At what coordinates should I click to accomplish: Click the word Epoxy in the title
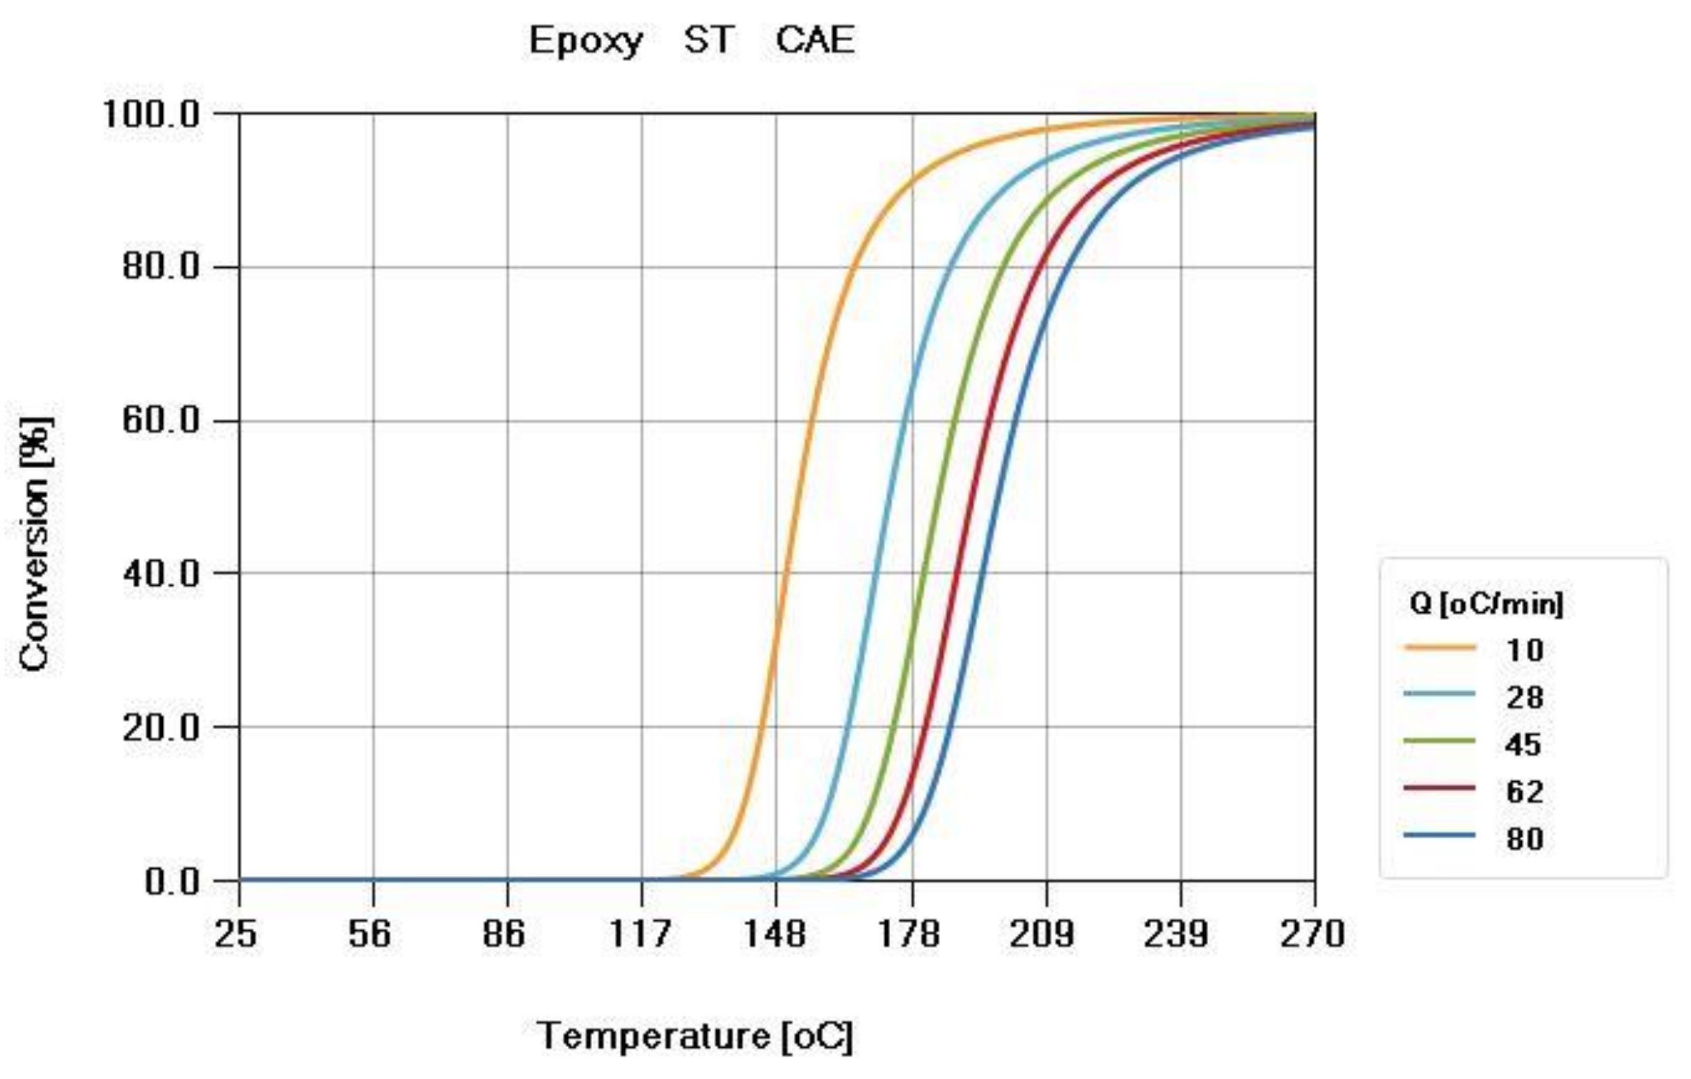pos(585,41)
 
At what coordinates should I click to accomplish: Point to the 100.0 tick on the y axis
pos(152,113)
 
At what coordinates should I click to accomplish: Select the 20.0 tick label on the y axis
pos(161,727)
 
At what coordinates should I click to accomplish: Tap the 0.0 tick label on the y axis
pos(172,881)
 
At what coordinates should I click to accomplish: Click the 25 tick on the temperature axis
pos(235,934)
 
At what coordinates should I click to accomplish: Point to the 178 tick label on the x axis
pos(910,934)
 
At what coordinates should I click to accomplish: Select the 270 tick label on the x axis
pos(1312,934)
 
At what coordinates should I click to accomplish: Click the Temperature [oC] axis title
pos(694,1036)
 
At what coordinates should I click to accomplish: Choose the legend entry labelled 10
pos(1524,650)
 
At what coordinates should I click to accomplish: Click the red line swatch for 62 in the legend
pos(1440,788)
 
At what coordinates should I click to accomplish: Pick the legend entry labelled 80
pos(1524,839)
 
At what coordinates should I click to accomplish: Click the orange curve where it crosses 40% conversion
pos(784,573)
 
